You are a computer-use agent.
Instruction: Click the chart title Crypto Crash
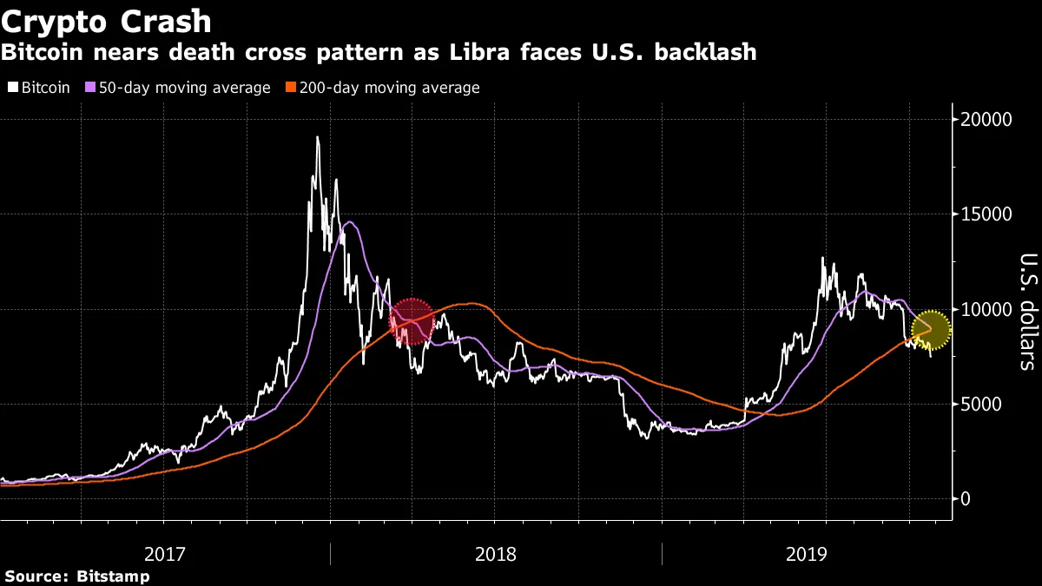pos(107,20)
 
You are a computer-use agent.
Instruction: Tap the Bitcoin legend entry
pos(44,88)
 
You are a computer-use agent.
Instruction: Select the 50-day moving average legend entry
pos(177,88)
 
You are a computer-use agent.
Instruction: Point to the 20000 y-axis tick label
pos(992,120)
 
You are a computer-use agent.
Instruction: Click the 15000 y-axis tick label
pos(992,214)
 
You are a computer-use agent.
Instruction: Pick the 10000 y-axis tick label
pos(992,309)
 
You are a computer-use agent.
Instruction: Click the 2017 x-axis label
pos(164,553)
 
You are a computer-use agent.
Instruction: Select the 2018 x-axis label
pos(496,553)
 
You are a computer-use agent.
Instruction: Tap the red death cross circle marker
pos(412,321)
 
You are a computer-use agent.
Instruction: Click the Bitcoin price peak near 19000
pos(318,138)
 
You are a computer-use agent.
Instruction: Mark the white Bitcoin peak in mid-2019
pos(822,259)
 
